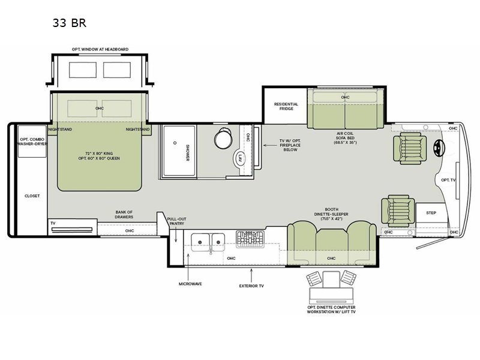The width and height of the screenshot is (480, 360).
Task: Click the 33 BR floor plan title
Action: (70, 23)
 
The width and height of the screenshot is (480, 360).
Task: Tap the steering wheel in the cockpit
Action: (439, 148)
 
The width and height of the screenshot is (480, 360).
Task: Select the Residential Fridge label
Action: (286, 106)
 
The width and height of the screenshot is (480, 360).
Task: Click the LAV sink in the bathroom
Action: (241, 158)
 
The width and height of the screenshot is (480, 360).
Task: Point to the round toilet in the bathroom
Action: (223, 139)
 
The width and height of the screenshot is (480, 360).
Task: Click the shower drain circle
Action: (175, 143)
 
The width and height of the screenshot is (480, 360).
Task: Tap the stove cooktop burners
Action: (250, 239)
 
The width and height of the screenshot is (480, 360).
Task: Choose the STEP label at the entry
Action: (431, 213)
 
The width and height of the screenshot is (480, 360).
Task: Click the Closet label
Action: (32, 196)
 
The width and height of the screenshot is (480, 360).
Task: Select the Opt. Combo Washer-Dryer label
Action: (32, 142)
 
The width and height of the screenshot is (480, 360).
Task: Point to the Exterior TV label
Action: (251, 286)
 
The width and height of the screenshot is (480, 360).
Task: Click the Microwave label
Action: (190, 284)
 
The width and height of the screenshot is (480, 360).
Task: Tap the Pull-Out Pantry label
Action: (176, 221)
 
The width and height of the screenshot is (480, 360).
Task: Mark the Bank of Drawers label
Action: (124, 214)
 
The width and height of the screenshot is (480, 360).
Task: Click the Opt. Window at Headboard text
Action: (100, 49)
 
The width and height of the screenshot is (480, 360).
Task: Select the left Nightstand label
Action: (60, 130)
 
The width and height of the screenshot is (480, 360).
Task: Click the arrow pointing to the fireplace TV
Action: (270, 145)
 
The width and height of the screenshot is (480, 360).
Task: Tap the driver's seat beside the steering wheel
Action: (410, 148)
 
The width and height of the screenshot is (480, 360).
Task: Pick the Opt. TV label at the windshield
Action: (448, 180)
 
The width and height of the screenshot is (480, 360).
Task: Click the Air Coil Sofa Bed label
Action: (345, 138)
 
